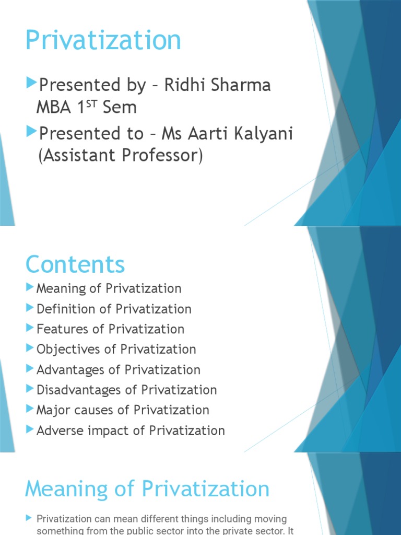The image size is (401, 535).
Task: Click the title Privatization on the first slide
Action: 103,41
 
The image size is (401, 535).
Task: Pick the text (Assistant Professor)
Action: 120,156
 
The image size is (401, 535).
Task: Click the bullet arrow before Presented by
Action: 31,83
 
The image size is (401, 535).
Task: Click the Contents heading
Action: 75,264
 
